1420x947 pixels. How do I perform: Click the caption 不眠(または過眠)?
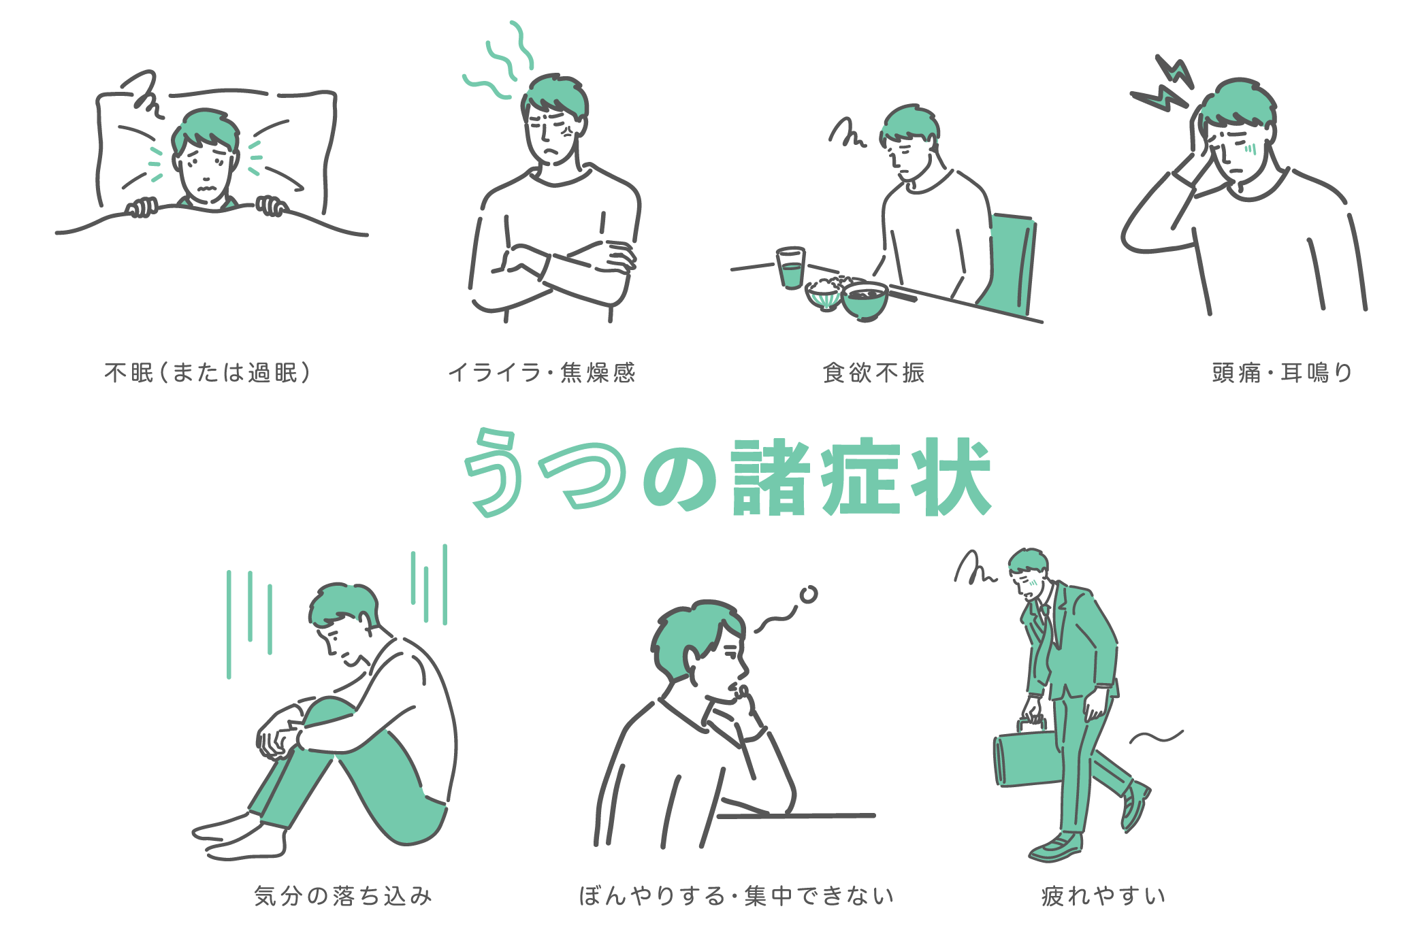click(208, 373)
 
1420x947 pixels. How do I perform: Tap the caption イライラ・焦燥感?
click(542, 373)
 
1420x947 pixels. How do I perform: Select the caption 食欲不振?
click(874, 373)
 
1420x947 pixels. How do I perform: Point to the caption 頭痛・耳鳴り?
click(1282, 373)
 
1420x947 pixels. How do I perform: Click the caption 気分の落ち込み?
click(343, 895)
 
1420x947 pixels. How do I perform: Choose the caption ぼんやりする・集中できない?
click(736, 895)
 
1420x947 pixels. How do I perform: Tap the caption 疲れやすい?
click(1103, 895)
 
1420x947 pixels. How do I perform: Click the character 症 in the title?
click(861, 478)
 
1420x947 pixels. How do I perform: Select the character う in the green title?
click(494, 473)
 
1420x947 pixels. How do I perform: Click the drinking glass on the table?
click(791, 268)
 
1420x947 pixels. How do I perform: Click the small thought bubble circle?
click(808, 595)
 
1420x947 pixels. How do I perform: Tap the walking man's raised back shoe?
click(1134, 806)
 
